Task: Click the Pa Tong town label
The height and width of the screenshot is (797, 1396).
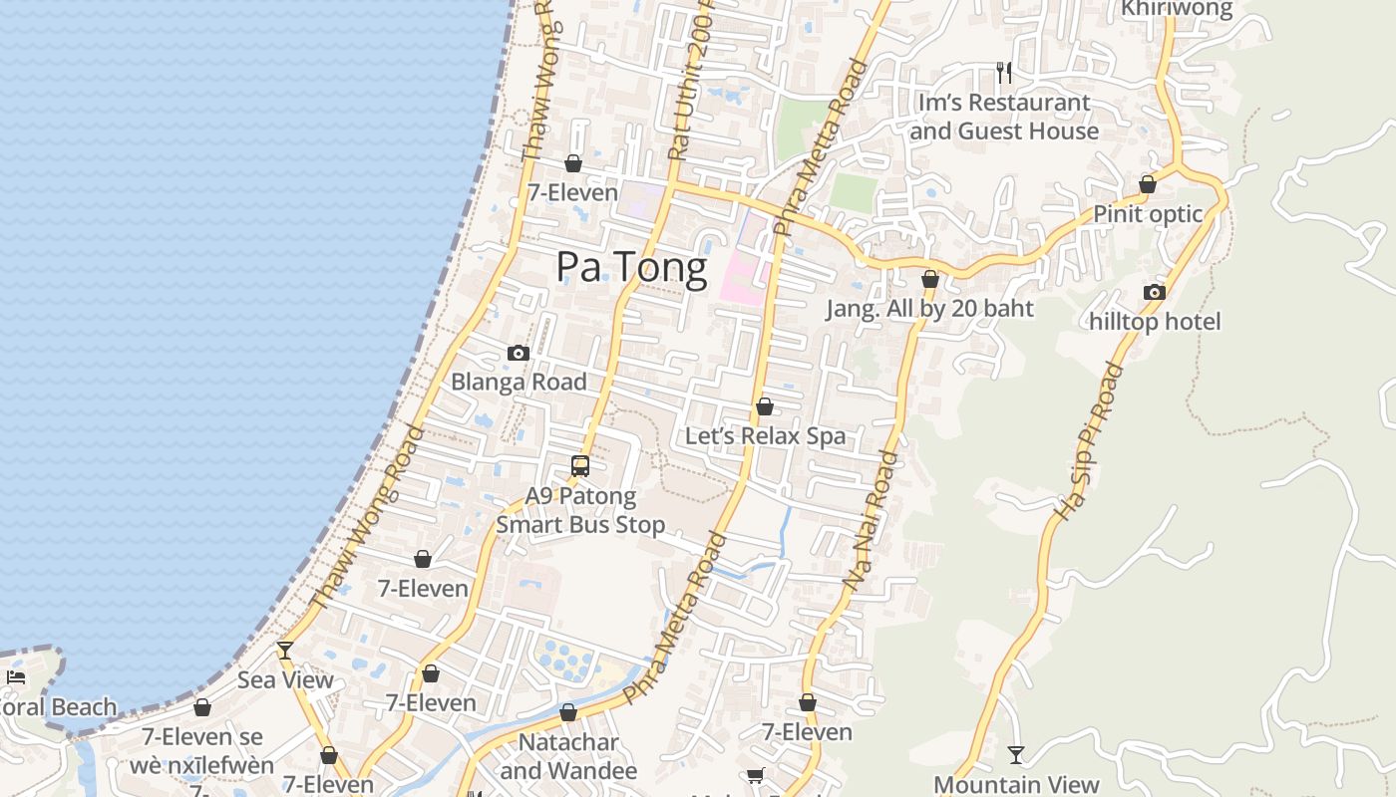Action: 631,267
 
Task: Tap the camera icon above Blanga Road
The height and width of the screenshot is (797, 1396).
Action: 518,353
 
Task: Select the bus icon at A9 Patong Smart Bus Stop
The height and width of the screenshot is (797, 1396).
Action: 580,465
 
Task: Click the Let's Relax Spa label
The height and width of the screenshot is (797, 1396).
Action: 765,436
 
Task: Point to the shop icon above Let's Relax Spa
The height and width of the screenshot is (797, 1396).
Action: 765,406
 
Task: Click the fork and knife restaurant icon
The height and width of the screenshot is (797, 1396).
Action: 1004,72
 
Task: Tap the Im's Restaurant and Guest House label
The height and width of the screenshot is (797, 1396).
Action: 1004,117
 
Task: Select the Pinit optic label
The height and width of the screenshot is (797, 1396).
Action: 1148,214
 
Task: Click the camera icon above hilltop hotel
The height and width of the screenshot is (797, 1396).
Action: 1155,292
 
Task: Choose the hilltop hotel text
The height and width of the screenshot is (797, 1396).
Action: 1155,322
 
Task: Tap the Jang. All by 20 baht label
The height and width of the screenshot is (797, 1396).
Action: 929,309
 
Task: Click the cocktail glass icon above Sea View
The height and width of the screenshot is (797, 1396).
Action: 285,651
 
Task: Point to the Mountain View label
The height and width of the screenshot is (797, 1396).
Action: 1016,785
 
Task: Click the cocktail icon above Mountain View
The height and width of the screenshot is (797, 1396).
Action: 1016,754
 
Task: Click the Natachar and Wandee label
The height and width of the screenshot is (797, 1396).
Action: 568,757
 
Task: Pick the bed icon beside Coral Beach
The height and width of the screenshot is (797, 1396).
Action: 16,677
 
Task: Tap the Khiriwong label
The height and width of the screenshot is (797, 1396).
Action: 1177,9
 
